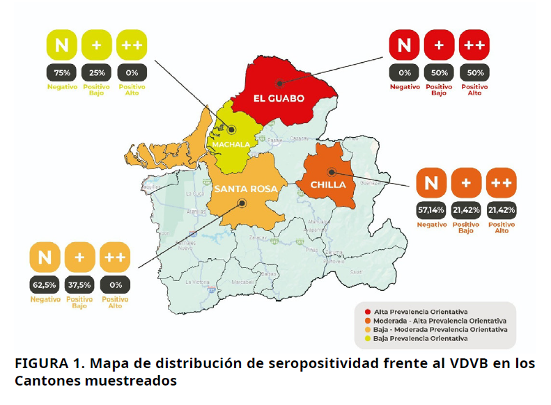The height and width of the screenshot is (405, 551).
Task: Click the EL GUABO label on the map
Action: point(278,99)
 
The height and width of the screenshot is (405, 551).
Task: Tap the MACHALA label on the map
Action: point(231,145)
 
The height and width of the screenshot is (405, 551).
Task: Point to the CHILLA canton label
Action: point(327,185)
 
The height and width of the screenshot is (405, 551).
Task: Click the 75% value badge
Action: point(62,72)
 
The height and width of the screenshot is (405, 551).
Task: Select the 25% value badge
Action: point(96,72)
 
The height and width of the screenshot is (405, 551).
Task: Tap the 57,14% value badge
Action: point(431,209)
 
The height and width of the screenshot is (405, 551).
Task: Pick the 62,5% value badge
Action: point(45,284)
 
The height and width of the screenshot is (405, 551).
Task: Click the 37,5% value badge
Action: point(79,284)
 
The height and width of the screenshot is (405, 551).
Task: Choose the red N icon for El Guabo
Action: point(404,46)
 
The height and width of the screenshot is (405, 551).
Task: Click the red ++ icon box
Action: point(474,46)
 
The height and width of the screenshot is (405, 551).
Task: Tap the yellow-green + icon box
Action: point(96,46)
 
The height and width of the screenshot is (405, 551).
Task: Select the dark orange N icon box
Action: point(431,184)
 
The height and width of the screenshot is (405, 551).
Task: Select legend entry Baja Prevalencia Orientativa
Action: point(419,338)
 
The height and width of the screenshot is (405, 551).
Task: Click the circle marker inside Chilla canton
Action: point(332,171)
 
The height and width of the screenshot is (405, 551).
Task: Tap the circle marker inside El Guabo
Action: point(278,83)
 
